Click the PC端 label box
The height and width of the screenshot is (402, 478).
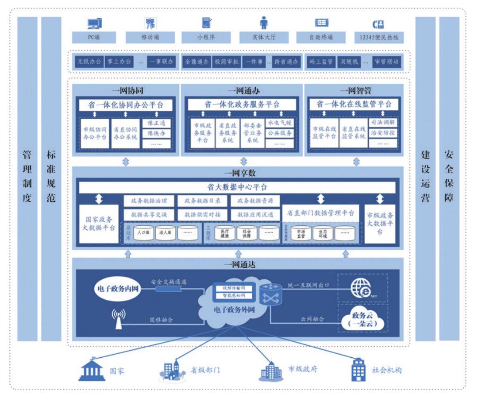(x=94, y=37)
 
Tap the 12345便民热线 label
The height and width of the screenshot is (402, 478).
(x=379, y=37)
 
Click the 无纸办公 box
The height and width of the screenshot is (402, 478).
(x=89, y=62)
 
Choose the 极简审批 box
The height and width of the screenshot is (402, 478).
(x=226, y=62)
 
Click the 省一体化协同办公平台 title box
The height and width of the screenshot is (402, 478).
(x=125, y=105)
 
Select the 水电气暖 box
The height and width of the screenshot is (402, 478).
(x=280, y=122)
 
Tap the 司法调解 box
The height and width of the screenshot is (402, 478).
(x=383, y=122)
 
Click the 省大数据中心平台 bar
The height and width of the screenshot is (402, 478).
(x=237, y=187)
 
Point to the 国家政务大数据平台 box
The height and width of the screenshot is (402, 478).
(x=99, y=224)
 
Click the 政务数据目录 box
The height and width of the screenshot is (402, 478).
(x=202, y=201)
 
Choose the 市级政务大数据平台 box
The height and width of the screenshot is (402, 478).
(x=380, y=224)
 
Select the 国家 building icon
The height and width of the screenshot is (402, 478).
(x=92, y=370)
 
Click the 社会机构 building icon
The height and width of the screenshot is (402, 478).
(x=358, y=370)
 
